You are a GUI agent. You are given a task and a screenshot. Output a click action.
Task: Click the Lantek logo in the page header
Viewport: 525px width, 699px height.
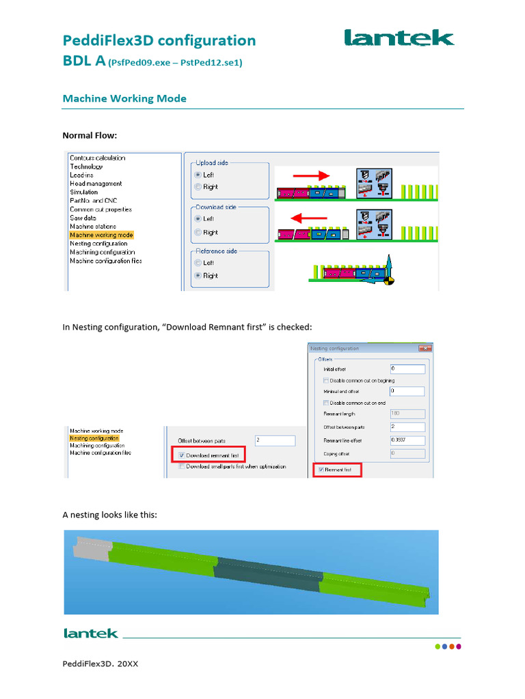(399, 38)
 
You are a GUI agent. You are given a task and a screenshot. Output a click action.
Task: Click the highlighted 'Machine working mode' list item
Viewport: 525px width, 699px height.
(101, 235)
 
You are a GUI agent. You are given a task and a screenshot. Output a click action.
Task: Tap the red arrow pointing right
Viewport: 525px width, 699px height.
(312, 176)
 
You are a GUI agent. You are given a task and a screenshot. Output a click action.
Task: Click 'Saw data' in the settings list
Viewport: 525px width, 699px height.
(84, 218)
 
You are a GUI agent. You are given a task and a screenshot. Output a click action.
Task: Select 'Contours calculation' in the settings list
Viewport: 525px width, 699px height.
(97, 158)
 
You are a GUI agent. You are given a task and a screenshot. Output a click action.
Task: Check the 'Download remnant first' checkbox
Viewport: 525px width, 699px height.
(181, 455)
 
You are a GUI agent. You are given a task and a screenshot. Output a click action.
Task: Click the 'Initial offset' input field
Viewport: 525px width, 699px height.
(407, 369)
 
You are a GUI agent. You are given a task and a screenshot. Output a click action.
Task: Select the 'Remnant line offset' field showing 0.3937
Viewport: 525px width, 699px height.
(407, 440)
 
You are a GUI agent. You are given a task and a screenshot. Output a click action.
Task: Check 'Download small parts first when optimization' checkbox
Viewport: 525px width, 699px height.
(181, 467)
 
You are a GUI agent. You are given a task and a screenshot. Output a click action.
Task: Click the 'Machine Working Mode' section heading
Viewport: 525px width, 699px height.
(124, 98)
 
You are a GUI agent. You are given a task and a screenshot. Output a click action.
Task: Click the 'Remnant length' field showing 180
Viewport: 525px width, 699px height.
(407, 414)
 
